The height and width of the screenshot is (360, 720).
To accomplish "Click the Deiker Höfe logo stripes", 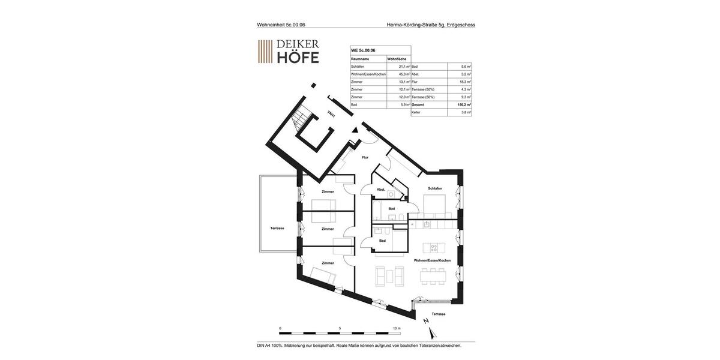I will tap(265, 52).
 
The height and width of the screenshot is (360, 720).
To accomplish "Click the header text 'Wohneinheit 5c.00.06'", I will tap(281, 25).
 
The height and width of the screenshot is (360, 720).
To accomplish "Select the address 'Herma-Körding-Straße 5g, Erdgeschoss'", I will tap(431, 25).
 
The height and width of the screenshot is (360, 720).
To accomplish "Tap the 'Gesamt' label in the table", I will tap(418, 104).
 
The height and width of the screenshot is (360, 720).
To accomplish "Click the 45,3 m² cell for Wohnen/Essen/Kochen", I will tap(404, 74).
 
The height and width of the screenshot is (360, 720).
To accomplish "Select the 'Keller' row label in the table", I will tap(416, 112).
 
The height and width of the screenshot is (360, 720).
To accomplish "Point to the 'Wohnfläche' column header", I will tap(397, 59).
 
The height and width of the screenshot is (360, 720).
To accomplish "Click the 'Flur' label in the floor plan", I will tap(365, 157).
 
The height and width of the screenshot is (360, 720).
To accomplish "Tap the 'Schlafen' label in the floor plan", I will tap(435, 188).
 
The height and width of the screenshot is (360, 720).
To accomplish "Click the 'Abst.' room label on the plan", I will tap(380, 190).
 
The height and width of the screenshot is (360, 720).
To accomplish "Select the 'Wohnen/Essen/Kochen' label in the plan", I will tap(432, 260).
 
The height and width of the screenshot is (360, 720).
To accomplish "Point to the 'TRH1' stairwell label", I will tap(331, 114).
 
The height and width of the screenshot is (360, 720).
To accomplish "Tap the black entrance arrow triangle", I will tap(355, 129).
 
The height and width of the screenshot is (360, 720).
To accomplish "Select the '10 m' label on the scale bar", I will tap(397, 328).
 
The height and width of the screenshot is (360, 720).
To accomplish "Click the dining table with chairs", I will tap(433, 276).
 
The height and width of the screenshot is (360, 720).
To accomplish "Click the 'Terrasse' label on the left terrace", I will tap(277, 228).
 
